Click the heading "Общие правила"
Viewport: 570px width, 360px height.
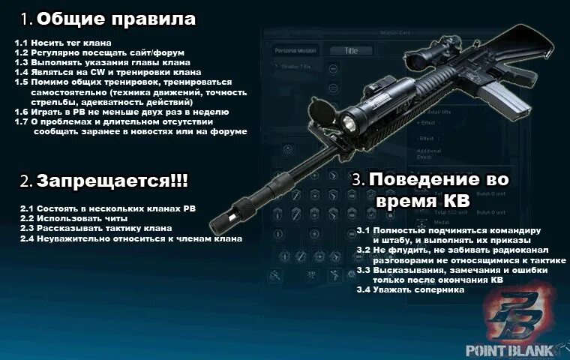click(115, 19)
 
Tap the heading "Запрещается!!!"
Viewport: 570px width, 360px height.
click(112, 181)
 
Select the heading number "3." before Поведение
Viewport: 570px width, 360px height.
click(358, 181)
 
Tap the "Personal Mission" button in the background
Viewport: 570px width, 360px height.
click(295, 51)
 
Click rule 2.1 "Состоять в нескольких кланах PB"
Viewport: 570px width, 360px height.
click(108, 208)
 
